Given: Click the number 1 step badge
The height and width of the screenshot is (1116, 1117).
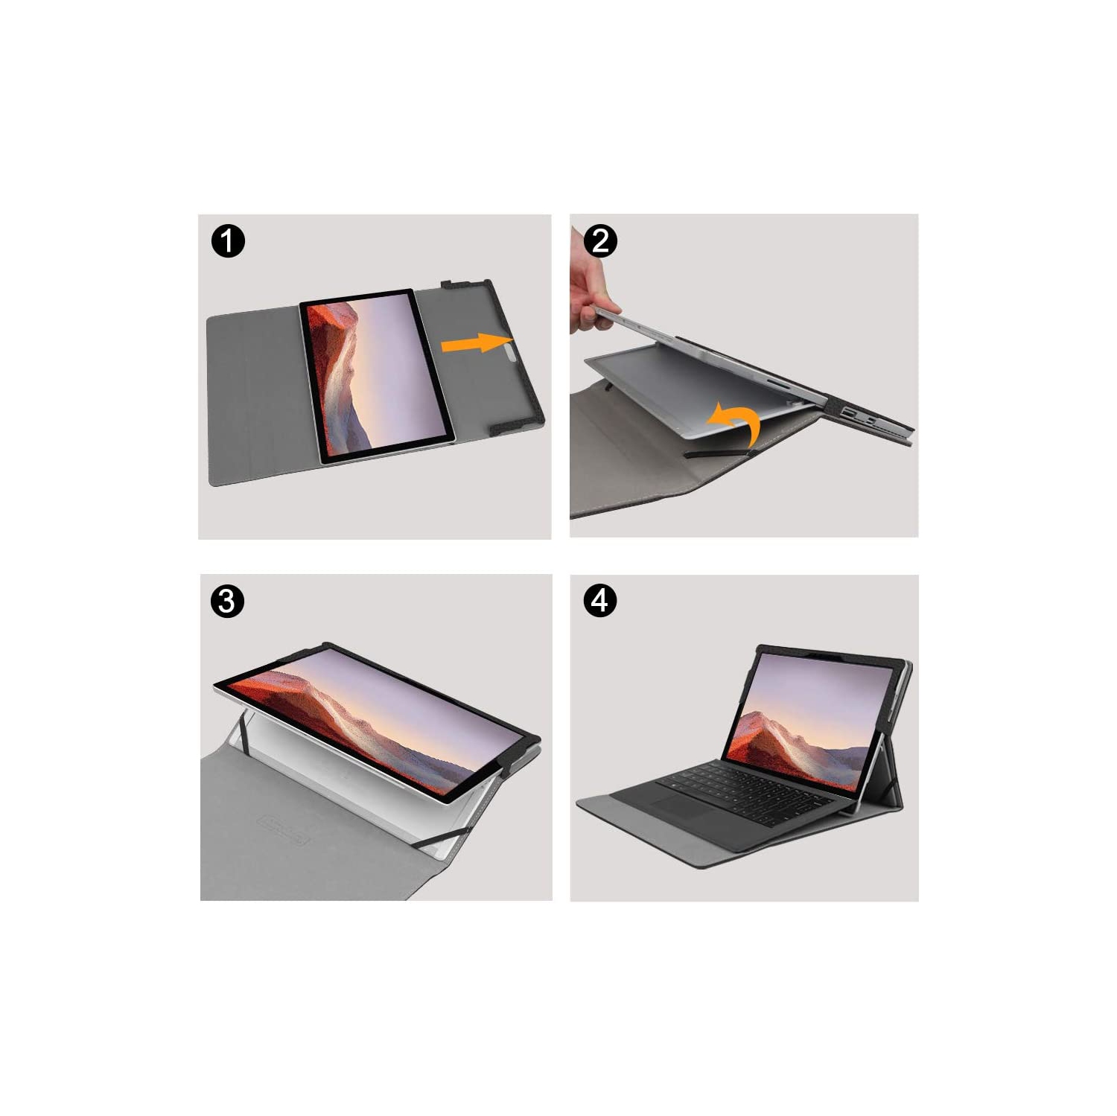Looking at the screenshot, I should coord(228,241).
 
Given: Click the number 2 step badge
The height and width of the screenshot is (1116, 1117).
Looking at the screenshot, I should coord(600,241).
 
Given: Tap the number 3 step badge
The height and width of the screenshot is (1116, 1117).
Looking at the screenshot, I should coord(227,601).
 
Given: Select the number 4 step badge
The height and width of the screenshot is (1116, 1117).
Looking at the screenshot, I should coord(600,600).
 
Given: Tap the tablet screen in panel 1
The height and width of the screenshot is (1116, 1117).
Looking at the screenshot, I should coord(378,376).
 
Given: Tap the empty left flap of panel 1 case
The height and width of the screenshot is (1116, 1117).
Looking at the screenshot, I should coord(253,395).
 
